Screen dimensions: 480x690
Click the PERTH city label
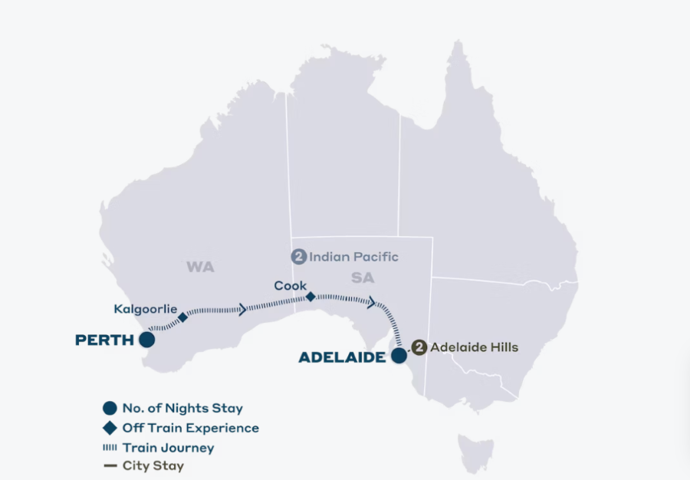[x=104, y=340]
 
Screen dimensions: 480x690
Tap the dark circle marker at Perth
[x=146, y=340]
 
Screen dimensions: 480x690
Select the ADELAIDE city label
[x=341, y=357]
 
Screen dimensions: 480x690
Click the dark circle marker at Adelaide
[x=399, y=356]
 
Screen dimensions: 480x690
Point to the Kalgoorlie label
[x=145, y=309]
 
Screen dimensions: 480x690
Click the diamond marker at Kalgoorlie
[x=182, y=317]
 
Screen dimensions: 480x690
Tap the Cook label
[x=291, y=286]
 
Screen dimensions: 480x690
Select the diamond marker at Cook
[x=310, y=296]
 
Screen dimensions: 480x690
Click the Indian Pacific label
[x=353, y=257]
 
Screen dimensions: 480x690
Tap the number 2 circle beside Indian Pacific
[x=298, y=257]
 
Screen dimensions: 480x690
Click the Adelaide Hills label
[x=474, y=347]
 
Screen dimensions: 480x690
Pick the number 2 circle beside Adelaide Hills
[x=419, y=347]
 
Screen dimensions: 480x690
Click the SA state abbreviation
[x=363, y=278]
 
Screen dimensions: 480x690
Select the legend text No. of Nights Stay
[x=182, y=409]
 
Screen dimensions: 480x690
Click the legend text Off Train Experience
[x=190, y=428]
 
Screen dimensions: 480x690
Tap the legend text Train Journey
[x=168, y=447]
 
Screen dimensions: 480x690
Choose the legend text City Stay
[x=153, y=465]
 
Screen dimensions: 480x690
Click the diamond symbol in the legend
[x=110, y=428]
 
